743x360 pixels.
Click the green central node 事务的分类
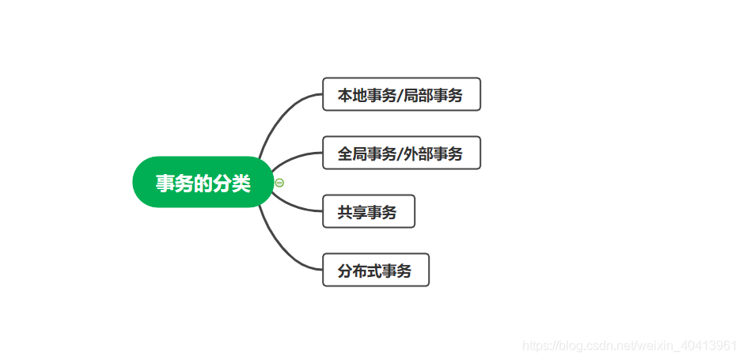[203, 183]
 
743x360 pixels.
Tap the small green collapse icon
[279, 183]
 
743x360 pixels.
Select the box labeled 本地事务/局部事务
[401, 94]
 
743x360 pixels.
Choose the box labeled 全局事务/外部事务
[401, 153]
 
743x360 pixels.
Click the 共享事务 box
[368, 211]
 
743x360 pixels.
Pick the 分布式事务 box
[375, 270]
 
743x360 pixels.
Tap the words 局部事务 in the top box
[433, 95]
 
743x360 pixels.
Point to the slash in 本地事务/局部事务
[400, 95]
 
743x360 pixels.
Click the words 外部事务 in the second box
[433, 153]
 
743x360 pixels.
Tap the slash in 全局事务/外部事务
[400, 153]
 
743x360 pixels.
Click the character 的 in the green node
[203, 184]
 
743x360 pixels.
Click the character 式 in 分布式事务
[375, 271]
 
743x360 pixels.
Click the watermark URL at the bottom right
[631, 345]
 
